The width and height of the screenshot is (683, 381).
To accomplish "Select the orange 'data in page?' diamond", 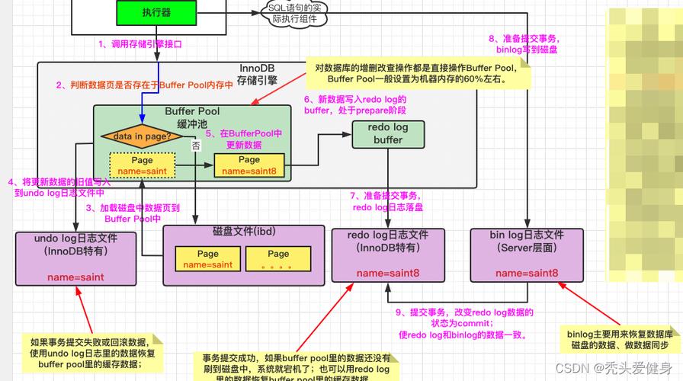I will pyautogui.click(x=143, y=136).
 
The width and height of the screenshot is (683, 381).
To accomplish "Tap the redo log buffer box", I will pyautogui.click(x=387, y=134).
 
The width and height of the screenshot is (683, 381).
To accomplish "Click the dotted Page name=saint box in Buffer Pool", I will pyautogui.click(x=142, y=165).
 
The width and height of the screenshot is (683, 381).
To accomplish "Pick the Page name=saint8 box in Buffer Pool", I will pyautogui.click(x=249, y=165).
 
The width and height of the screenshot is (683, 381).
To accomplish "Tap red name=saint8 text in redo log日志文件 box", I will pyautogui.click(x=386, y=273).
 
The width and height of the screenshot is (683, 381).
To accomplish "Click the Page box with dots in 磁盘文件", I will pyautogui.click(x=278, y=259).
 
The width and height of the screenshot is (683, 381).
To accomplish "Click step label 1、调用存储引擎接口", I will pyautogui.click(x=140, y=44).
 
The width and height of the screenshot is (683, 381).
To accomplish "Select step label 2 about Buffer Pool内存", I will pyautogui.click(x=144, y=85).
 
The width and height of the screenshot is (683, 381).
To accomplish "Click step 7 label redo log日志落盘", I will pyautogui.click(x=387, y=201).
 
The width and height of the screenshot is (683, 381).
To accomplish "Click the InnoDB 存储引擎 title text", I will pyautogui.click(x=257, y=73).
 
